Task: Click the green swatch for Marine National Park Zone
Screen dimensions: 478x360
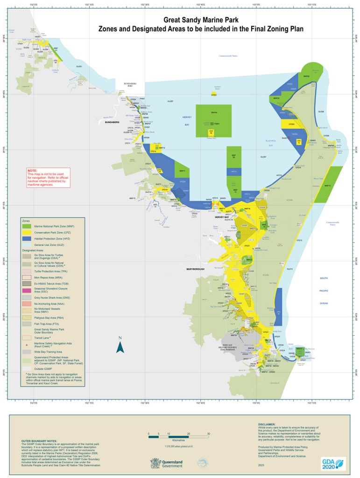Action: tap(27, 226)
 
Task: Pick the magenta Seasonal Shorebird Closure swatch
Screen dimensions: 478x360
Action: tap(27, 290)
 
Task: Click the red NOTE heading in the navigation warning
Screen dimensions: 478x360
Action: tap(32, 171)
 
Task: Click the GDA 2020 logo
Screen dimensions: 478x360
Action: tap(333, 463)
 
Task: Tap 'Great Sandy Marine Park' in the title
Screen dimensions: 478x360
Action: tap(200, 21)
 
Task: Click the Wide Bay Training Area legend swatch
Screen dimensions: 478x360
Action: tap(27, 351)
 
